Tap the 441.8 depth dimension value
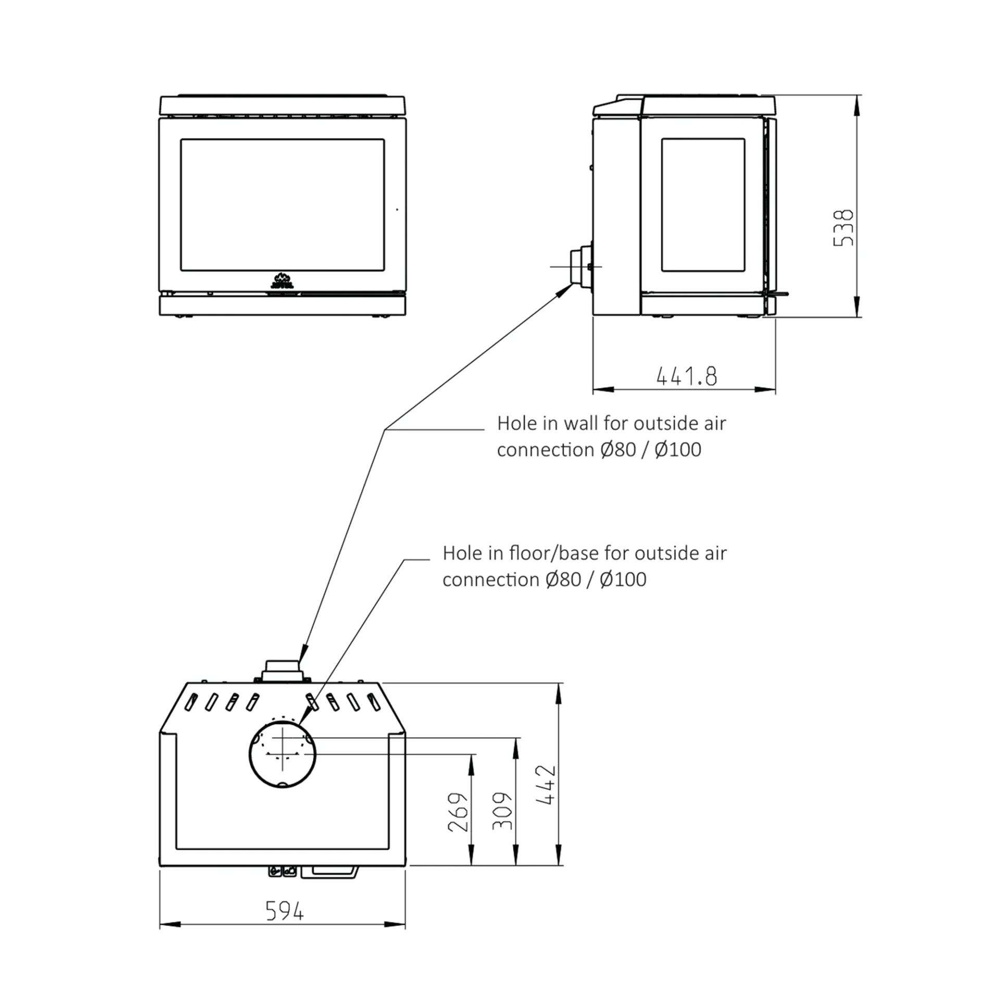[686, 376]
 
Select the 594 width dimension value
[284, 911]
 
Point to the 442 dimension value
[546, 785]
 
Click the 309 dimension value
[503, 811]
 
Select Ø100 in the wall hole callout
[678, 449]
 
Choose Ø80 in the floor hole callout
[563, 579]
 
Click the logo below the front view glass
[282, 280]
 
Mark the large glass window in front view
[282, 205]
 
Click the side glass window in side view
[703, 205]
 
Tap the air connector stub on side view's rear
[579, 266]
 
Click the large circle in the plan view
[282, 756]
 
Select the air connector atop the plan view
[282, 671]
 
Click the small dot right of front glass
[397, 209]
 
